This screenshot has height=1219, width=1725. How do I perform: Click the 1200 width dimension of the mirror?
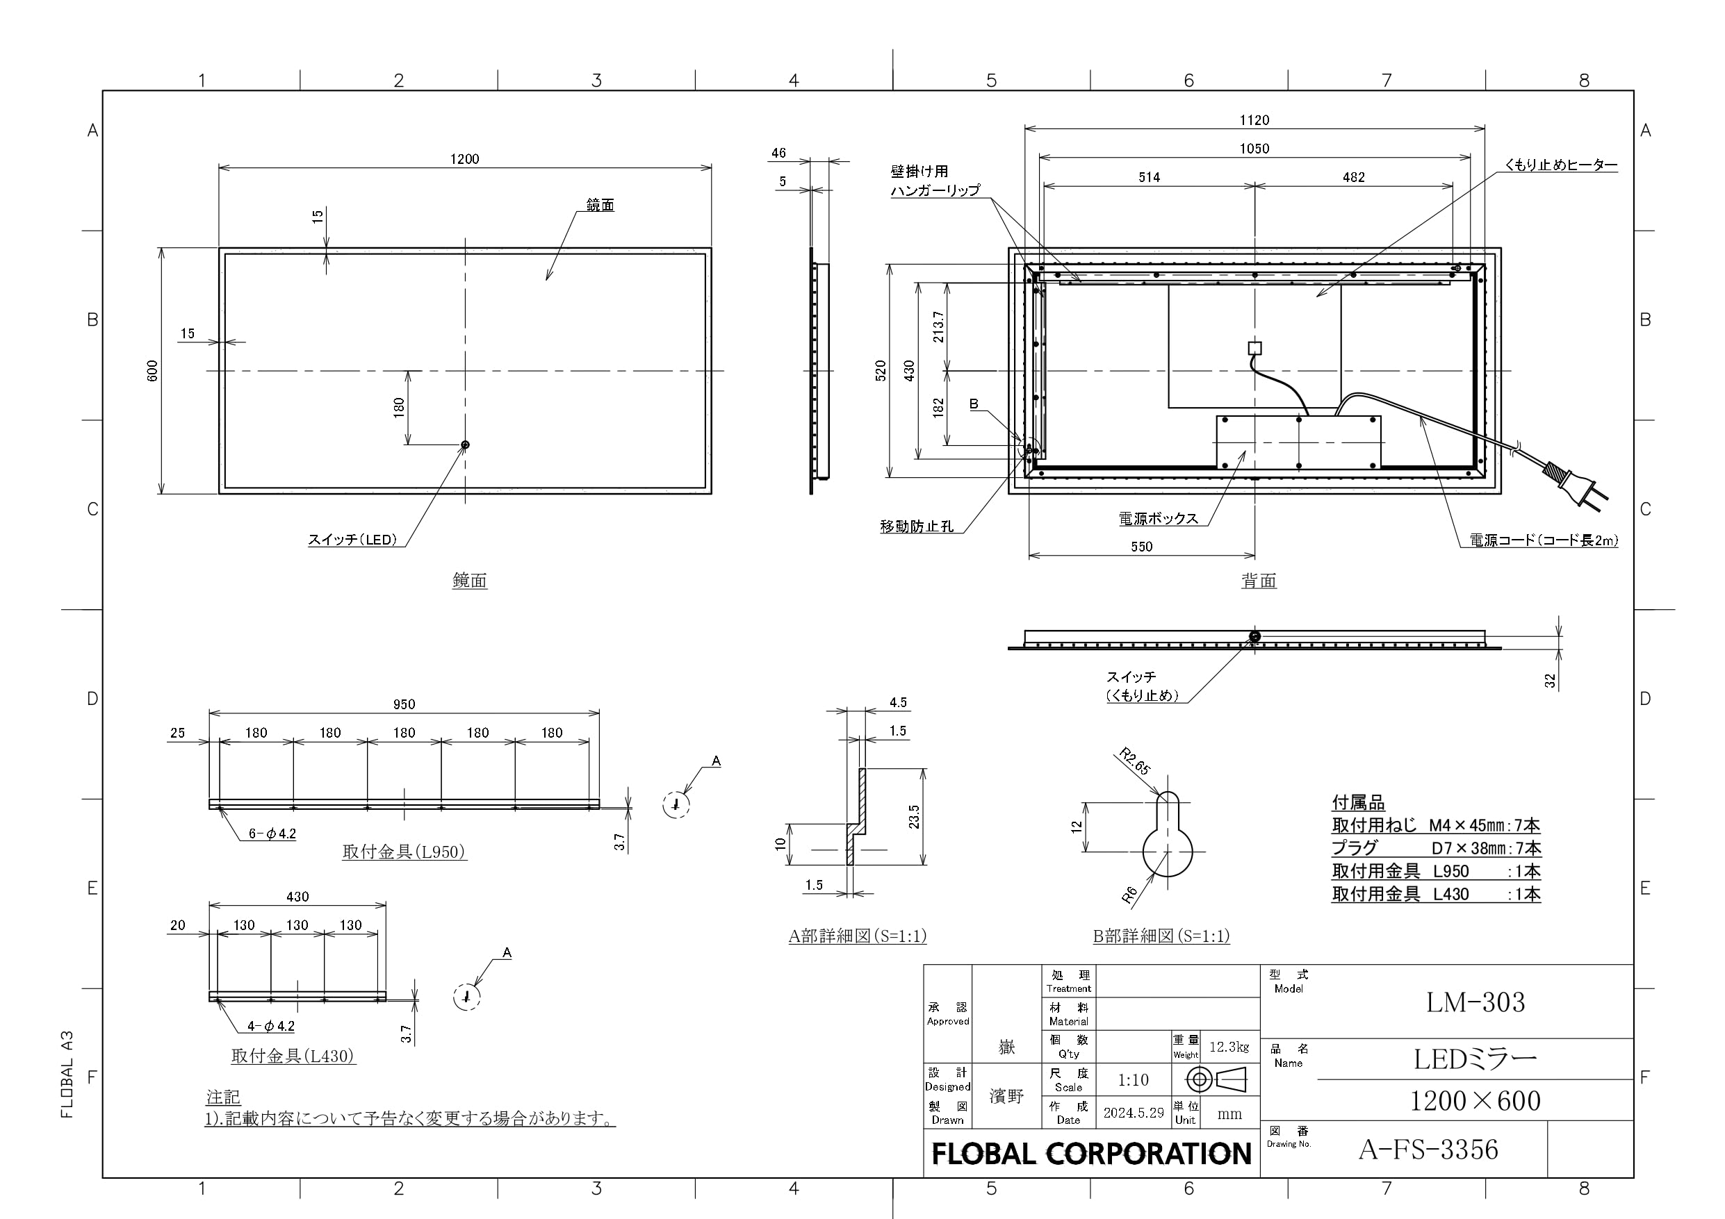[x=464, y=158]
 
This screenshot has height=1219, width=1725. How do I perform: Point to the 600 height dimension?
[x=152, y=370]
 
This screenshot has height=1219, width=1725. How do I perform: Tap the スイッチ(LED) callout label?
[x=352, y=539]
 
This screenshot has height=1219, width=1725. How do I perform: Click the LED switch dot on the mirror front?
[x=465, y=445]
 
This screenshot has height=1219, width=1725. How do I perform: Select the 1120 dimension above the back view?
[x=1254, y=120]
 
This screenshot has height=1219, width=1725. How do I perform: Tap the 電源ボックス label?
[x=1158, y=518]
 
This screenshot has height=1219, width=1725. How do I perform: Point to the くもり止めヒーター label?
[x=1560, y=165]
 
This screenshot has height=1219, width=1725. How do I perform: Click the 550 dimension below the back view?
[x=1141, y=547]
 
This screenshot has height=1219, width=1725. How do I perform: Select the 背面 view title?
[x=1259, y=581]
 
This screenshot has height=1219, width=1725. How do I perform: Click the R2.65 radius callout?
[x=1134, y=761]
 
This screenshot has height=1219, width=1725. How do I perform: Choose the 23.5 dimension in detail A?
[x=914, y=816]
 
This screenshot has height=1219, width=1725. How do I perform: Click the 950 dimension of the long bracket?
[x=404, y=704]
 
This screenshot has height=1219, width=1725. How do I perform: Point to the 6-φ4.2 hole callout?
[x=272, y=834]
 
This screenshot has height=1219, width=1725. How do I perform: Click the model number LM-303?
[x=1475, y=1002]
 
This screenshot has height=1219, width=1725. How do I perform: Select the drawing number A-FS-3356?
[x=1428, y=1149]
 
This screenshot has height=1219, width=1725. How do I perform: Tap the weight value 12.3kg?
[x=1229, y=1047]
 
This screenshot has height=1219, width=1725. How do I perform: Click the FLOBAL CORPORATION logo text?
[x=1092, y=1154]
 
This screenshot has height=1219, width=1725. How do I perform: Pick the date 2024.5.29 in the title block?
[x=1134, y=1112]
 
